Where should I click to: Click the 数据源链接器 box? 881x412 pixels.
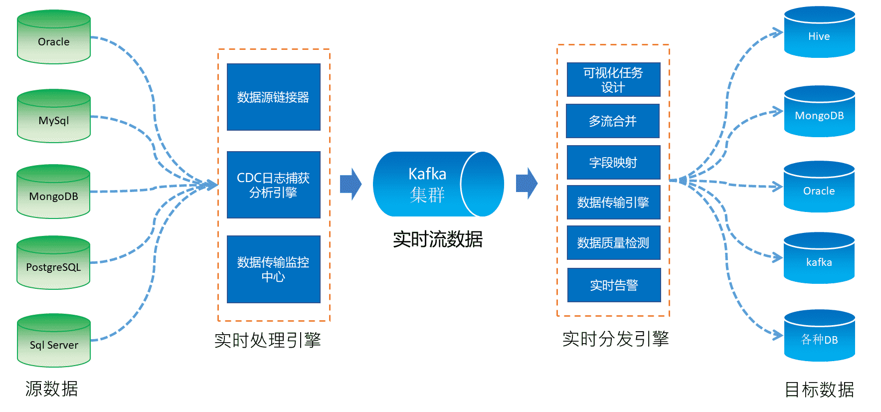coord(273,97)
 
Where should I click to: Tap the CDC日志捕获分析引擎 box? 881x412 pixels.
coord(273,185)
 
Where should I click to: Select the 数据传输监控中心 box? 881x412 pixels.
coord(273,269)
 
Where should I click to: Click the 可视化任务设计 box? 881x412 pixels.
coord(613,79)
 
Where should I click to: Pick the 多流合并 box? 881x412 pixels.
coord(613,121)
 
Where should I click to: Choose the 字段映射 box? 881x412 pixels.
coord(613,162)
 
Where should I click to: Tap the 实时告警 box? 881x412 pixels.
coord(614,285)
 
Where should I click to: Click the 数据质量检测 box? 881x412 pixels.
coord(613,242)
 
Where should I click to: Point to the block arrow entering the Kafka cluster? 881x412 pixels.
coord(351,184)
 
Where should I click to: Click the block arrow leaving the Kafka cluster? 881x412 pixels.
coord(527,184)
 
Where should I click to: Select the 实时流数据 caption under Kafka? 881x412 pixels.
coord(437,239)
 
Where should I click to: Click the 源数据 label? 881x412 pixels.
coord(51,389)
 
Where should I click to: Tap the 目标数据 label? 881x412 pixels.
coord(819,390)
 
